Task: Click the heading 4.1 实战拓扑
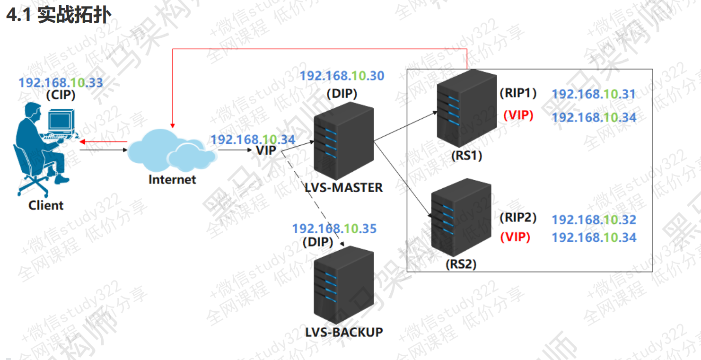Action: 59,15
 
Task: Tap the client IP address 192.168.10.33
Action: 61,83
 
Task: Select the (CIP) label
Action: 61,95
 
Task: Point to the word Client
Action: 46,205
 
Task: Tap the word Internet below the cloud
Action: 172,180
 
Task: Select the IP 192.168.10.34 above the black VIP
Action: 253,140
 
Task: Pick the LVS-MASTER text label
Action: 344,188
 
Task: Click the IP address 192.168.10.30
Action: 342,76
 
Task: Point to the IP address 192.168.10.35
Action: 334,229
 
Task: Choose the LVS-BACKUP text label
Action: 344,332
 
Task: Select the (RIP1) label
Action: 518,93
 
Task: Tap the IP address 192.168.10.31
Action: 594,94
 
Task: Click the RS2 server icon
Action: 461,220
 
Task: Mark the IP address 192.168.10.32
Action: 594,220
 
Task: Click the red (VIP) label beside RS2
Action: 515,237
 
